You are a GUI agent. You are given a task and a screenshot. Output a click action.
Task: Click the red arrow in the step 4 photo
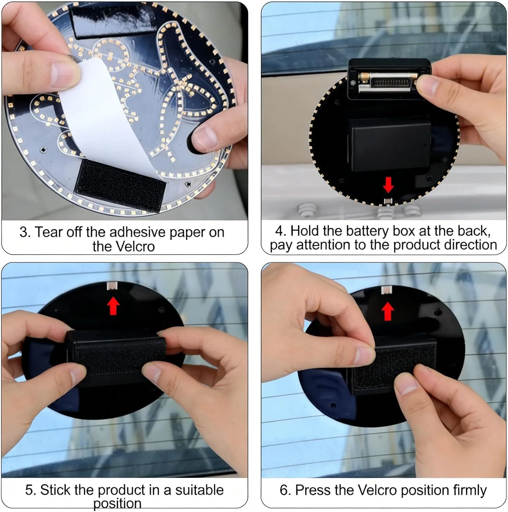(388, 185)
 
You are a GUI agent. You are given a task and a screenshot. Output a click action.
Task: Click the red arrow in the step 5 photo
(114, 305)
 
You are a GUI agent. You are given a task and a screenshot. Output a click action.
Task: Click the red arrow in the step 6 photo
(388, 311)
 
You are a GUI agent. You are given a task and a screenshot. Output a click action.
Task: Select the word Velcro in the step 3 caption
(124, 246)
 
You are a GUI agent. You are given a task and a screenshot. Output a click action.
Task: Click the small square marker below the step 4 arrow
(388, 201)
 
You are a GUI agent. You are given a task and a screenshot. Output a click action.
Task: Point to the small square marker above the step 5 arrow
(113, 286)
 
